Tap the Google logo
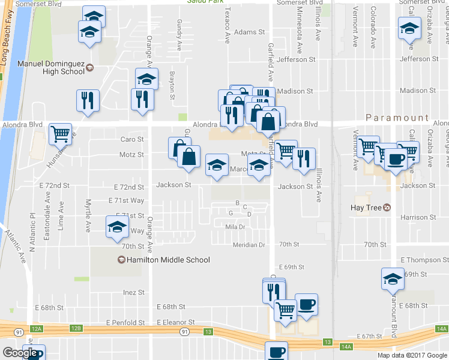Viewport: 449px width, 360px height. tap(20, 353)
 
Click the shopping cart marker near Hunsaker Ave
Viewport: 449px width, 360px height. tap(61, 135)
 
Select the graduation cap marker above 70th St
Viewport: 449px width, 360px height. tap(118, 227)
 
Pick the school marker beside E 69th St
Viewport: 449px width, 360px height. tap(393, 279)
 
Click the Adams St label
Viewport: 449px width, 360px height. tap(250, 32)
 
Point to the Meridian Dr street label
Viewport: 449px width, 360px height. tap(250, 245)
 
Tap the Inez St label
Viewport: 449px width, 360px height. tap(134, 293)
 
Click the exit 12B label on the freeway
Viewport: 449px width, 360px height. tap(75, 328)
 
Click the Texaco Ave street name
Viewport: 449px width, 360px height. tap(228, 25)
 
